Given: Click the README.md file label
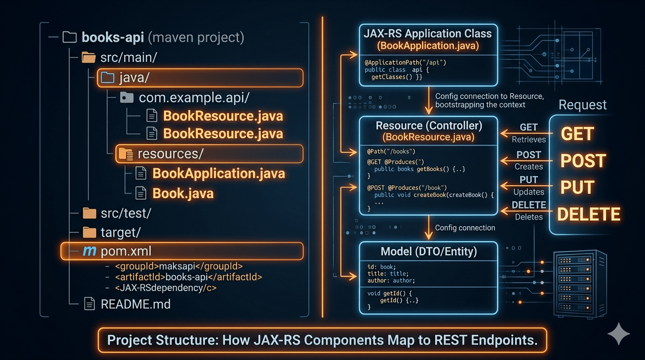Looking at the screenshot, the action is click(135, 304).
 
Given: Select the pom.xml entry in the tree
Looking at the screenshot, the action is click(126, 251).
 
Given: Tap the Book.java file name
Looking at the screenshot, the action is click(183, 193).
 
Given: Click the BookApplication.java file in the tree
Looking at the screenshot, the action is click(218, 173).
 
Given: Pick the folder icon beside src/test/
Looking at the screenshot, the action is click(89, 213).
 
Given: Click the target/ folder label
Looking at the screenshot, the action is click(120, 232).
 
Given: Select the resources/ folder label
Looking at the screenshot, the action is click(171, 154).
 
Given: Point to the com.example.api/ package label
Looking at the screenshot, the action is click(194, 97).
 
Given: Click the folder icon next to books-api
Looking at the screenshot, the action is click(70, 37).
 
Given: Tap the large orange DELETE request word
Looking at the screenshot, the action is click(589, 214).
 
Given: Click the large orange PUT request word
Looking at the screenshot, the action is click(577, 187).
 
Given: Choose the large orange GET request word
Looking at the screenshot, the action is click(577, 134).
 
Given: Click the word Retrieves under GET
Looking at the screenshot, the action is click(529, 140).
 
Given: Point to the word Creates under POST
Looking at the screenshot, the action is click(529, 166).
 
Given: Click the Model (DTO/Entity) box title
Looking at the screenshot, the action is click(429, 251).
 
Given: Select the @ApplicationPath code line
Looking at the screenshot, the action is click(405, 62).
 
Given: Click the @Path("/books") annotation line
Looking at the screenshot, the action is click(391, 151).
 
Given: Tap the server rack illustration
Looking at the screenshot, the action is click(580, 284).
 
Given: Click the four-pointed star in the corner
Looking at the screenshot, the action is click(619, 334).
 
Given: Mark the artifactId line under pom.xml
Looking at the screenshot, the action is click(188, 277).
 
